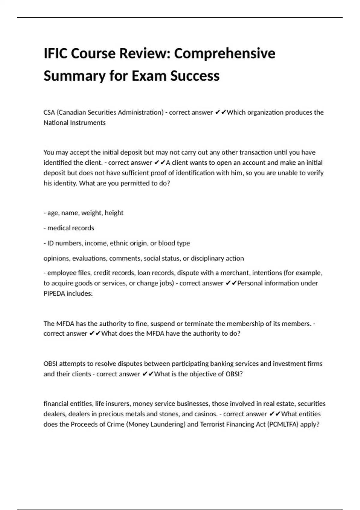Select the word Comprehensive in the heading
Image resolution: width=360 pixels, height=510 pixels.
[224, 54]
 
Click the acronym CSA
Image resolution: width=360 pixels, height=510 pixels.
[49, 112]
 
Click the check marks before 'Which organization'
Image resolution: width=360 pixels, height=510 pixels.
[220, 112]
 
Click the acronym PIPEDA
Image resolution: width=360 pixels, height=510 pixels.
[54, 293]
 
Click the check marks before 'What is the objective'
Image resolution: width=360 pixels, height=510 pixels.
[148, 374]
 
